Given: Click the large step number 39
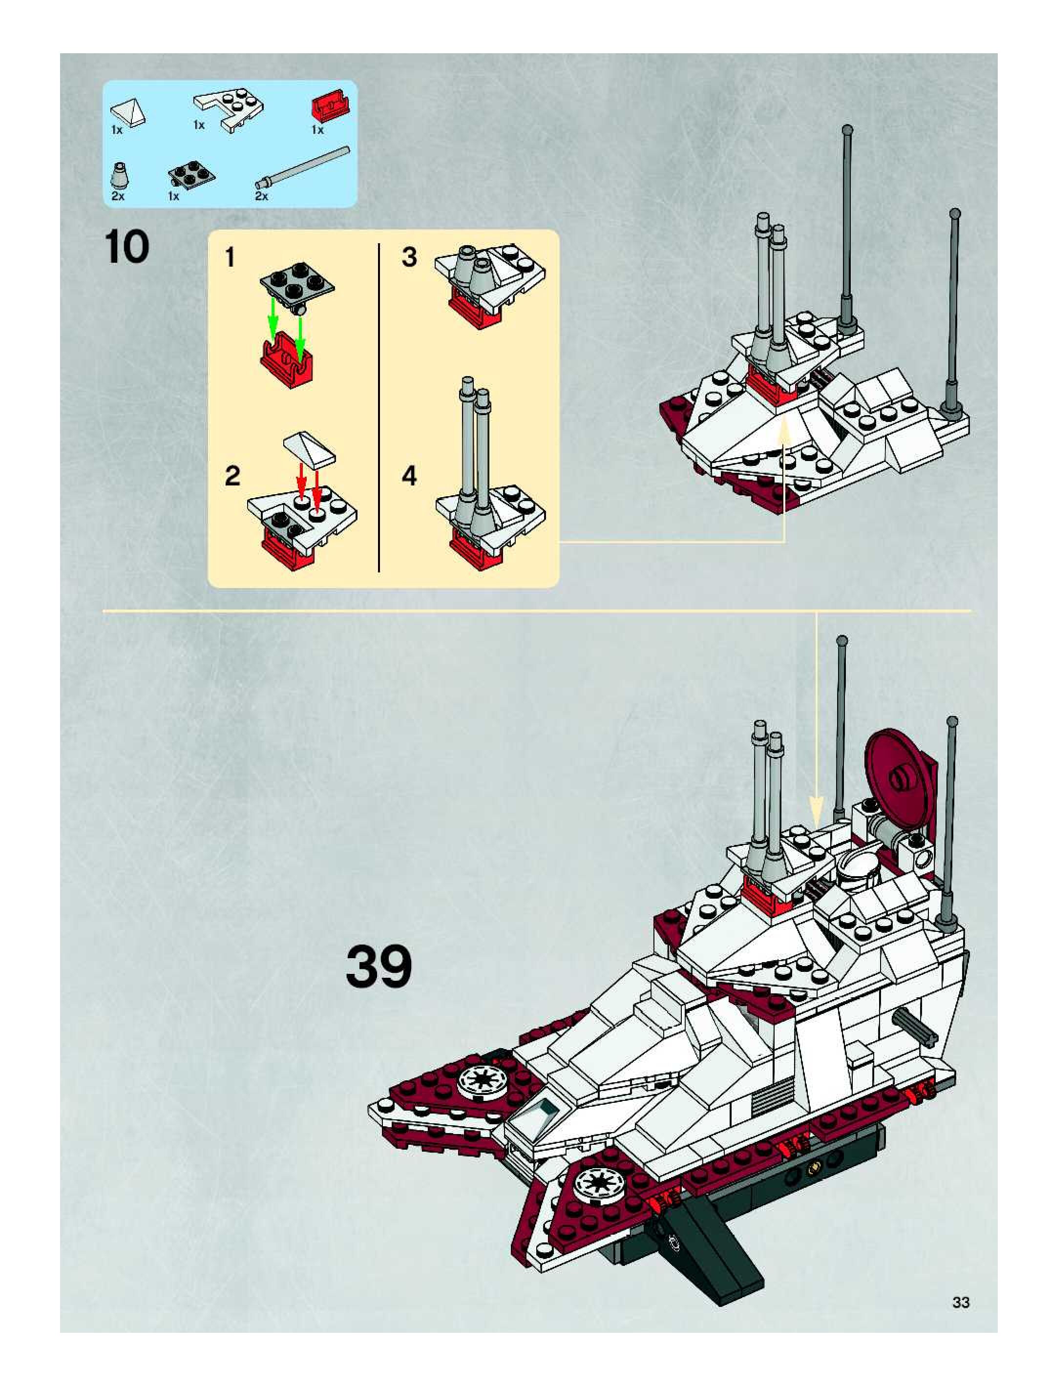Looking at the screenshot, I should click(378, 967).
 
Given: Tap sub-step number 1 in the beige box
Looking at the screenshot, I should click(231, 257).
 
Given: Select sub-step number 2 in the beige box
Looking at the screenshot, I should click(232, 476).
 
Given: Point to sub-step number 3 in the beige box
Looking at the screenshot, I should click(409, 257).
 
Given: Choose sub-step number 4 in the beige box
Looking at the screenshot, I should click(409, 476).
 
